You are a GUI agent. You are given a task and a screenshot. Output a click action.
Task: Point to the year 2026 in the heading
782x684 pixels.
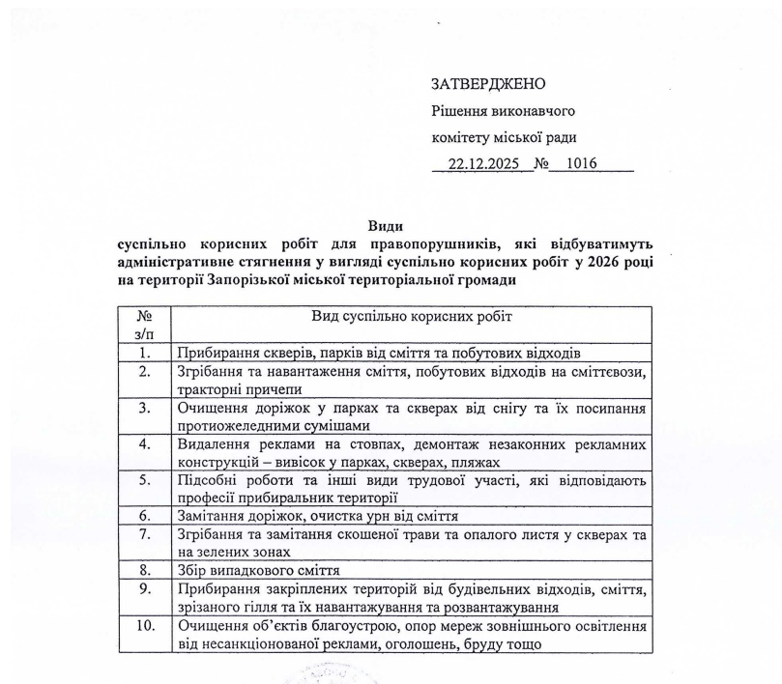click(601, 262)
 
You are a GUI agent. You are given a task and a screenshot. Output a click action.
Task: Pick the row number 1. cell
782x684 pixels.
click(145, 353)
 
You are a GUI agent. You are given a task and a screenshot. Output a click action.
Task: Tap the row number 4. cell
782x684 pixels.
click(145, 444)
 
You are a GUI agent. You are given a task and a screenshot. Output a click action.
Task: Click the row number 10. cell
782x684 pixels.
click(145, 625)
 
